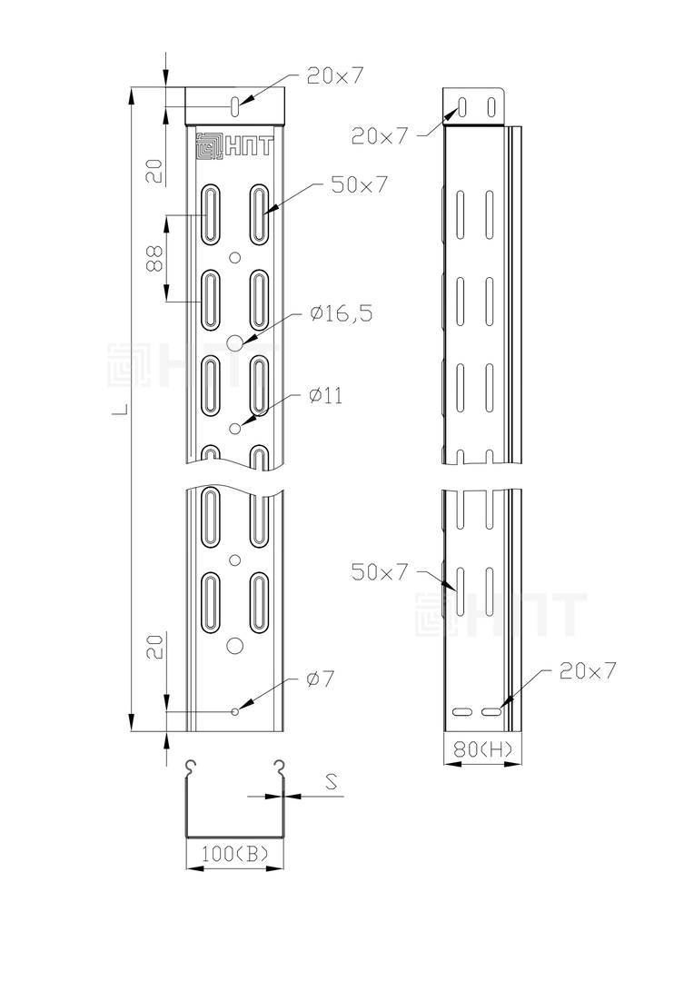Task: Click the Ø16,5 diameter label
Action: (341, 312)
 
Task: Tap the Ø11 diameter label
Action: (325, 396)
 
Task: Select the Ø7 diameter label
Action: (321, 679)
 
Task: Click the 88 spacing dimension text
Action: (154, 258)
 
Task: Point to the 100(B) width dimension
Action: (234, 853)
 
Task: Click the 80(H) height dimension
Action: (483, 748)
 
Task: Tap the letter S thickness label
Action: (332, 781)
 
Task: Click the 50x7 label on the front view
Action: (360, 184)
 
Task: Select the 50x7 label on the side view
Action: (379, 572)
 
